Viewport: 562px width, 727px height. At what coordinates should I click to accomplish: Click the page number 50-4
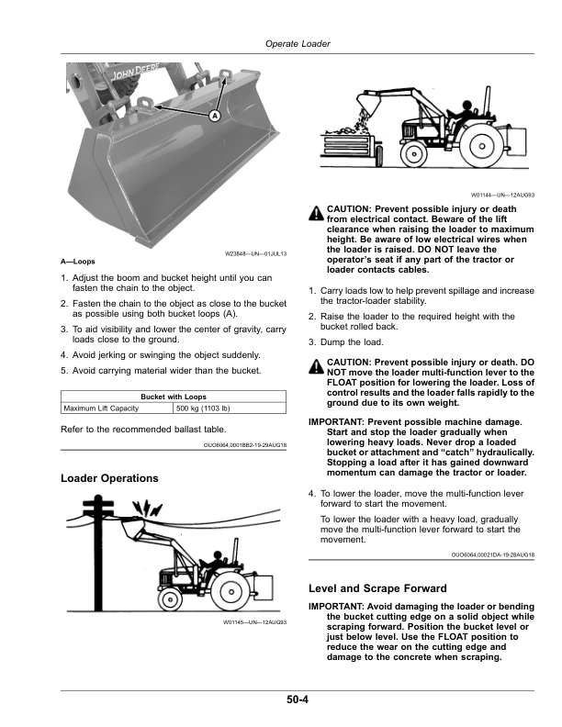pyautogui.click(x=295, y=700)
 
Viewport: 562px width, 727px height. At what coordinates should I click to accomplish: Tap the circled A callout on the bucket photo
pyautogui.click(x=214, y=117)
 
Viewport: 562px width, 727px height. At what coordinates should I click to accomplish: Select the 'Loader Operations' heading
pyautogui.click(x=109, y=478)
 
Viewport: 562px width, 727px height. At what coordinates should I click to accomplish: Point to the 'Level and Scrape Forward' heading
pyautogui.click(x=378, y=587)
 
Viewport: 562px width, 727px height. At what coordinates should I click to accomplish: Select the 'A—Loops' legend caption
pyautogui.click(x=77, y=262)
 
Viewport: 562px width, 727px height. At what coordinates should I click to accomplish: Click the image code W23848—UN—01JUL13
pyautogui.click(x=256, y=253)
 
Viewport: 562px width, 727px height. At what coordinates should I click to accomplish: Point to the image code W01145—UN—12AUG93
pyautogui.click(x=256, y=623)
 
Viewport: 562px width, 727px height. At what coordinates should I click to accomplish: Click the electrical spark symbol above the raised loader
pyautogui.click(x=141, y=508)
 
